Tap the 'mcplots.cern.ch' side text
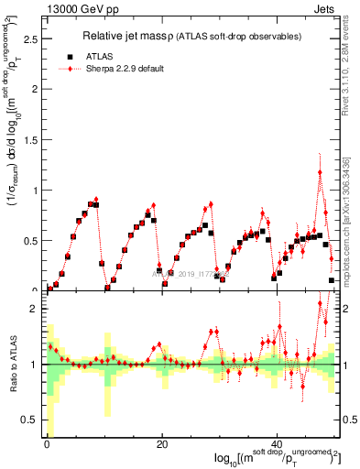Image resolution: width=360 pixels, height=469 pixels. coord(352,238)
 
